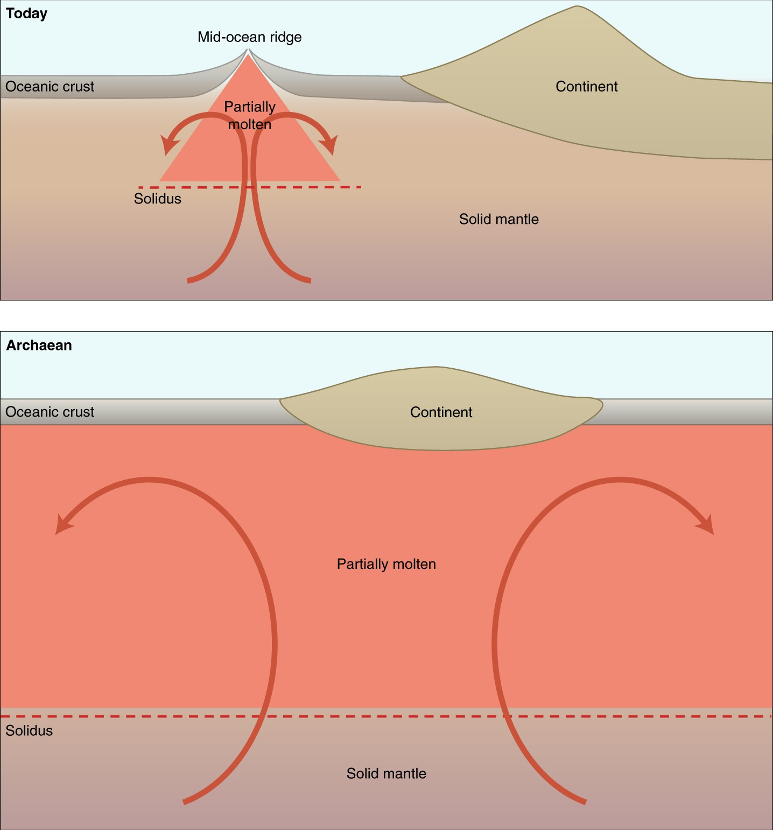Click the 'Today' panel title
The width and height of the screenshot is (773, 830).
pyautogui.click(x=26, y=13)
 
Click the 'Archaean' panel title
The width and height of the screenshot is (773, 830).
pyautogui.click(x=39, y=345)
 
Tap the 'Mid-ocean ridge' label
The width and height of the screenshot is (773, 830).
pyautogui.click(x=249, y=37)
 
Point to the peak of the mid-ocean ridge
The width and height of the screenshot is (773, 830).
pyautogui.click(x=248, y=51)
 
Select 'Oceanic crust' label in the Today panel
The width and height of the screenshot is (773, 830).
pyautogui.click(x=50, y=87)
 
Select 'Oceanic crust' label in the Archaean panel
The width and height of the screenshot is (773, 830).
pyautogui.click(x=50, y=412)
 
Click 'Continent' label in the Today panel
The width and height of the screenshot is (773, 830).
pyautogui.click(x=586, y=87)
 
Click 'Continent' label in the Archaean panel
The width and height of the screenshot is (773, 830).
pyautogui.click(x=441, y=412)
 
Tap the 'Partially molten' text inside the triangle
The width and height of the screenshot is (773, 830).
pyautogui.click(x=249, y=116)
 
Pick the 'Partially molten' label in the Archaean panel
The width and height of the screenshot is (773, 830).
pyautogui.click(x=386, y=564)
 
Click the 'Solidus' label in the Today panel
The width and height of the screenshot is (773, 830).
pyautogui.click(x=157, y=199)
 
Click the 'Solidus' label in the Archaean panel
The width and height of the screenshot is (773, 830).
pyautogui.click(x=29, y=731)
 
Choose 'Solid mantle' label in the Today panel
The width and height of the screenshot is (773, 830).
pyautogui.click(x=498, y=219)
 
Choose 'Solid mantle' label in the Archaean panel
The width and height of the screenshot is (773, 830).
pyautogui.click(x=386, y=773)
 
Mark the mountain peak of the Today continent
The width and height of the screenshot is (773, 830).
pyautogui.click(x=577, y=8)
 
